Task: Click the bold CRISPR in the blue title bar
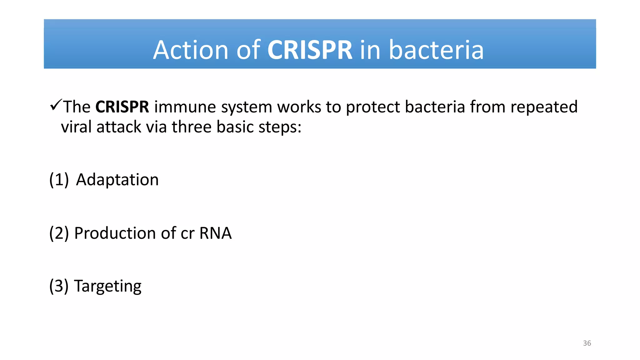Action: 310,50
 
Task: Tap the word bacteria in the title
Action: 436,50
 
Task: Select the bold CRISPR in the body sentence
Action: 122,107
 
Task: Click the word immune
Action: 185,107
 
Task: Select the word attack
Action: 119,127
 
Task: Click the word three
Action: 192,127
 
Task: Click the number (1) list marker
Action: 59,180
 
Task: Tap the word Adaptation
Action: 117,180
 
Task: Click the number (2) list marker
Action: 59,233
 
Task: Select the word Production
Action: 115,233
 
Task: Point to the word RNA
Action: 215,233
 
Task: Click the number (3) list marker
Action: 59,286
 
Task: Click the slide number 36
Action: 587,343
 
